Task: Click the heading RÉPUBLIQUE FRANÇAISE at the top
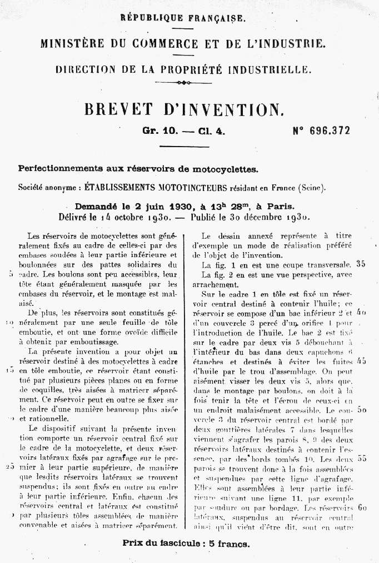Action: pos(182,18)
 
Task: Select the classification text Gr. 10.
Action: pos(159,132)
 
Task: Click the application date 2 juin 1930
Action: pos(158,205)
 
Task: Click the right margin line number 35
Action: pos(361,264)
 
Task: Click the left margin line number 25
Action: pos(10,466)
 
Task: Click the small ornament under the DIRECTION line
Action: pos(182,83)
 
